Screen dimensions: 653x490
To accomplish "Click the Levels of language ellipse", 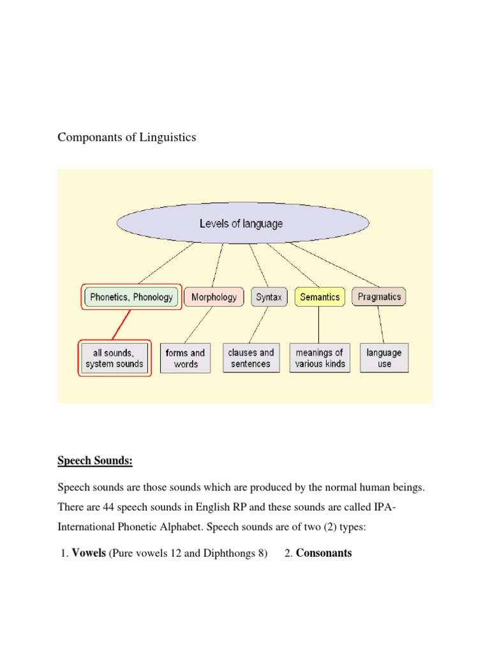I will tap(242, 224).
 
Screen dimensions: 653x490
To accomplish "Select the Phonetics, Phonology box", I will tap(132, 297).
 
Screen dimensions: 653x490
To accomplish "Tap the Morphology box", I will tap(214, 297).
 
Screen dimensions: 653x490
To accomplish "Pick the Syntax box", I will tap(269, 297).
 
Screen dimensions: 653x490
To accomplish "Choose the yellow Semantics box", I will tap(320, 297).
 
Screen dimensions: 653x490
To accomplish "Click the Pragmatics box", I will tap(380, 297).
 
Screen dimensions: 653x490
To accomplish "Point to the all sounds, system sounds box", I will tap(115, 358).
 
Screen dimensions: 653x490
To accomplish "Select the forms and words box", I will tap(185, 358).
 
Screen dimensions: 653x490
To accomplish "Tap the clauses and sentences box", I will tap(251, 358).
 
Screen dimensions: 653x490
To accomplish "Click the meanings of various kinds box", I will tap(320, 358).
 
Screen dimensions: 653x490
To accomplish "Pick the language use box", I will tap(384, 358).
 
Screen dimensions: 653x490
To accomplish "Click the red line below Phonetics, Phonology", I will tap(122, 325).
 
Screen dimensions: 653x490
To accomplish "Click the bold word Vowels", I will tap(89, 553).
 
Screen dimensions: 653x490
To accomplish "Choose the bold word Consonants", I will tap(323, 553).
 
